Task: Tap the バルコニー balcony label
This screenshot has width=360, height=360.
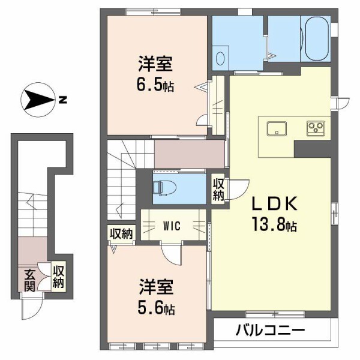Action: click(x=271, y=330)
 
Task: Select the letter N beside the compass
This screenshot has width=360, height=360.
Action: click(x=61, y=100)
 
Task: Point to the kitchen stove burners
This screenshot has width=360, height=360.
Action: click(x=315, y=127)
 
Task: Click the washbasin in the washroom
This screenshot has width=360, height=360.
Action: click(x=220, y=59)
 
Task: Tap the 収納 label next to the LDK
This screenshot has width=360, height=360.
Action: click(x=218, y=190)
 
